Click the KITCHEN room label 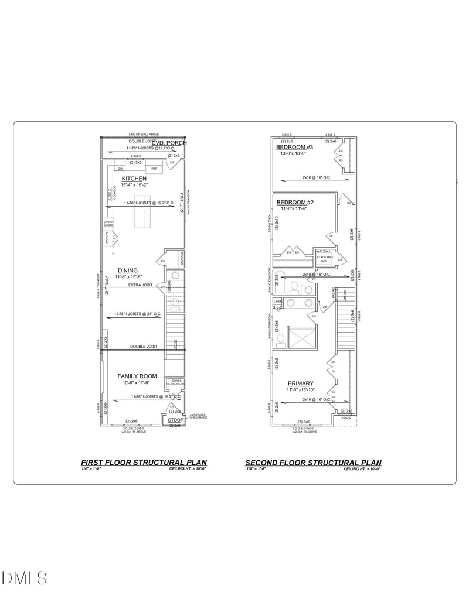click(x=134, y=179)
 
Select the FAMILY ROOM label click(x=137, y=376)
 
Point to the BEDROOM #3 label click(x=295, y=147)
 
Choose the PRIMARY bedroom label click(x=300, y=384)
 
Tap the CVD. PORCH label click(x=169, y=143)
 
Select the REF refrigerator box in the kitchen click(x=154, y=169)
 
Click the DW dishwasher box click(x=120, y=169)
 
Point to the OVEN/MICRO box click(x=108, y=223)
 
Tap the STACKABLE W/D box click(x=325, y=259)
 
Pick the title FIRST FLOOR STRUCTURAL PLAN click(x=144, y=462)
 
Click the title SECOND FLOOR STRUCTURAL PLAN click(x=313, y=462)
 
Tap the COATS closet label click(x=176, y=381)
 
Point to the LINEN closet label click(x=277, y=302)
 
